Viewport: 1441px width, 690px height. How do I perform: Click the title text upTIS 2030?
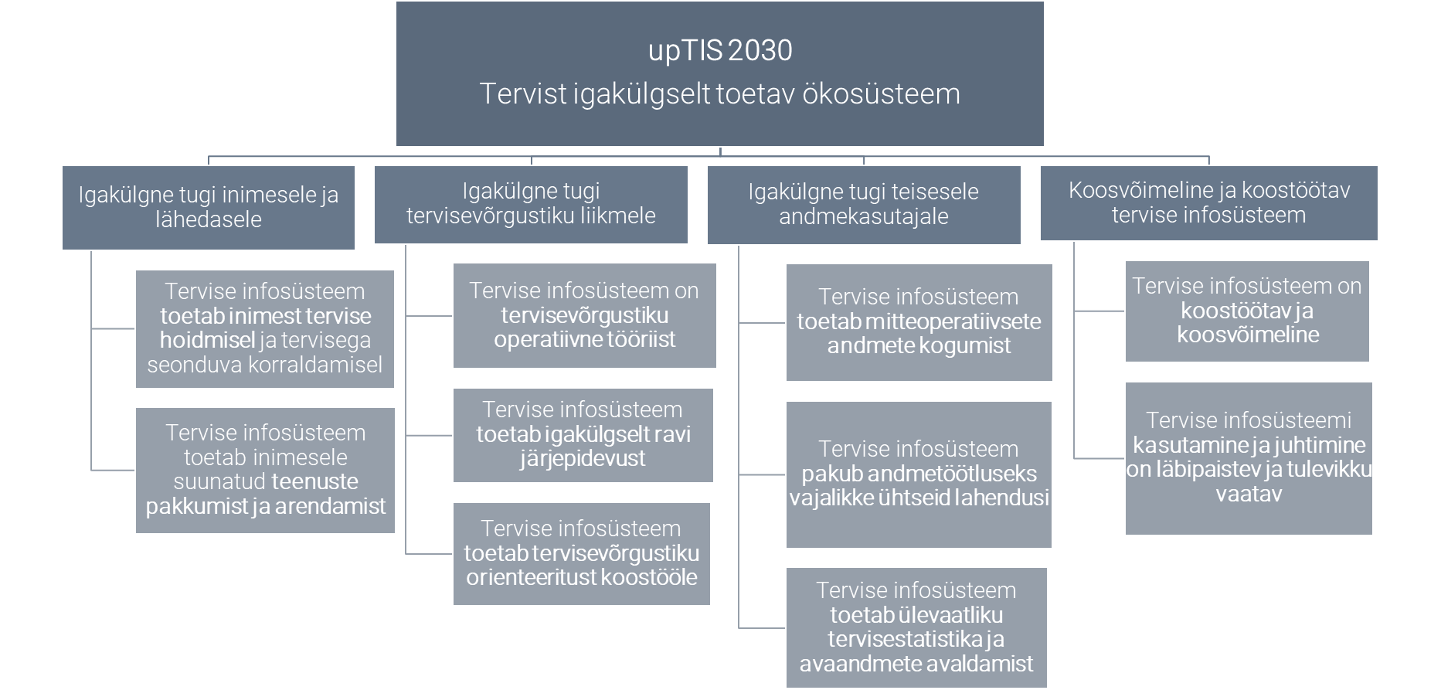(719, 51)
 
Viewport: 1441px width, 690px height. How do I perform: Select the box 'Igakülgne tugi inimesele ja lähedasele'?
(209, 207)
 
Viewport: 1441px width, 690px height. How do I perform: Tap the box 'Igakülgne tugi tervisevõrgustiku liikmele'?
(531, 203)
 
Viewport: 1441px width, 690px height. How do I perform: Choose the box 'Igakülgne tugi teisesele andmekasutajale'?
(863, 204)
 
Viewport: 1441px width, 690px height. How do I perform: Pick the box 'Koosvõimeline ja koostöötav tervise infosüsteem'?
(1208, 202)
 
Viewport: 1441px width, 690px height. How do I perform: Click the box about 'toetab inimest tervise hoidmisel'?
(265, 328)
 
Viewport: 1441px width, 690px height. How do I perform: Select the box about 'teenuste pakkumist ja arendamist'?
(265, 470)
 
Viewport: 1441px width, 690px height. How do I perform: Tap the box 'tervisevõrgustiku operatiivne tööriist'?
(584, 315)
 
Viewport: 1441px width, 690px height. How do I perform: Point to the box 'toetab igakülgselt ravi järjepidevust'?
(583, 434)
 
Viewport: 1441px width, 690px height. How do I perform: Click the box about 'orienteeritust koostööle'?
(581, 553)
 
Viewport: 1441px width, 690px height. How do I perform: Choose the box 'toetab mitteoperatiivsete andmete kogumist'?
(919, 322)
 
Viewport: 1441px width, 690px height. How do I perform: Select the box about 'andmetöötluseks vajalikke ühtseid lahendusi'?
(919, 474)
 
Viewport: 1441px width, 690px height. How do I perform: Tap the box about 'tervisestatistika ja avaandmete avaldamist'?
(916, 627)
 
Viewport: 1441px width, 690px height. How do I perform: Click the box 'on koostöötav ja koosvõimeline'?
(1247, 311)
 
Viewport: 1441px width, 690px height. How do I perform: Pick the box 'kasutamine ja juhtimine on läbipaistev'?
(1249, 457)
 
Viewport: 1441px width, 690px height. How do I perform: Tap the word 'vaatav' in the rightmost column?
(1249, 495)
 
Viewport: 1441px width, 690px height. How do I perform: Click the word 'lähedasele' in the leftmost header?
(209, 220)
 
